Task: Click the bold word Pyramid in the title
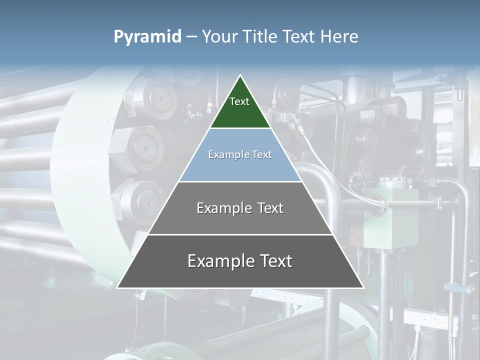[147, 37]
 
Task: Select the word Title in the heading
[259, 36]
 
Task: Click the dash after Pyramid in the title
[191, 37]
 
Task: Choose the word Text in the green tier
[239, 101]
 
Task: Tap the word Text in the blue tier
[261, 154]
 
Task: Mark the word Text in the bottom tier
[274, 261]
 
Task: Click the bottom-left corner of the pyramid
[117, 287]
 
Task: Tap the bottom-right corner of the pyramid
[363, 287]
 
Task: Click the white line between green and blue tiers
[240, 128]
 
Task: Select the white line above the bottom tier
[240, 234]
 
